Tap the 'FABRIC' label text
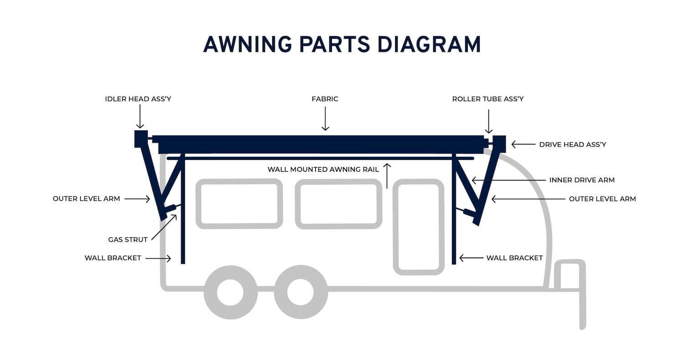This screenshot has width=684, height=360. (325, 99)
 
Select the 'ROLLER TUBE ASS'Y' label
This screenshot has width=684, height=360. (487, 99)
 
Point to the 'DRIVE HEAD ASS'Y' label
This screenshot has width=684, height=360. (572, 144)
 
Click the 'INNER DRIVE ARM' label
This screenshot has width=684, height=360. (582, 180)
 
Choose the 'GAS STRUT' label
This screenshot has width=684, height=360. (128, 239)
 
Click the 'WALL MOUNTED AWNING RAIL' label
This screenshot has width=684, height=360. (323, 170)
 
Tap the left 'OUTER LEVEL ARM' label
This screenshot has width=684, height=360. (86, 199)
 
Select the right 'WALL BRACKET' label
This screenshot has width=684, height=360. (514, 258)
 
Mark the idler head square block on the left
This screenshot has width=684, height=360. (141, 139)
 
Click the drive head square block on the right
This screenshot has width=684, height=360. (499, 144)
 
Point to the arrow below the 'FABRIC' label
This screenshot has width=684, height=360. (325, 119)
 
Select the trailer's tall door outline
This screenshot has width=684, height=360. (419, 226)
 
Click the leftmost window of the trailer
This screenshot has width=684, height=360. (239, 204)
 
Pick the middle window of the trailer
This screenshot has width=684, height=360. (338, 204)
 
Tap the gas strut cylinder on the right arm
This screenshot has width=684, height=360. (468, 212)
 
